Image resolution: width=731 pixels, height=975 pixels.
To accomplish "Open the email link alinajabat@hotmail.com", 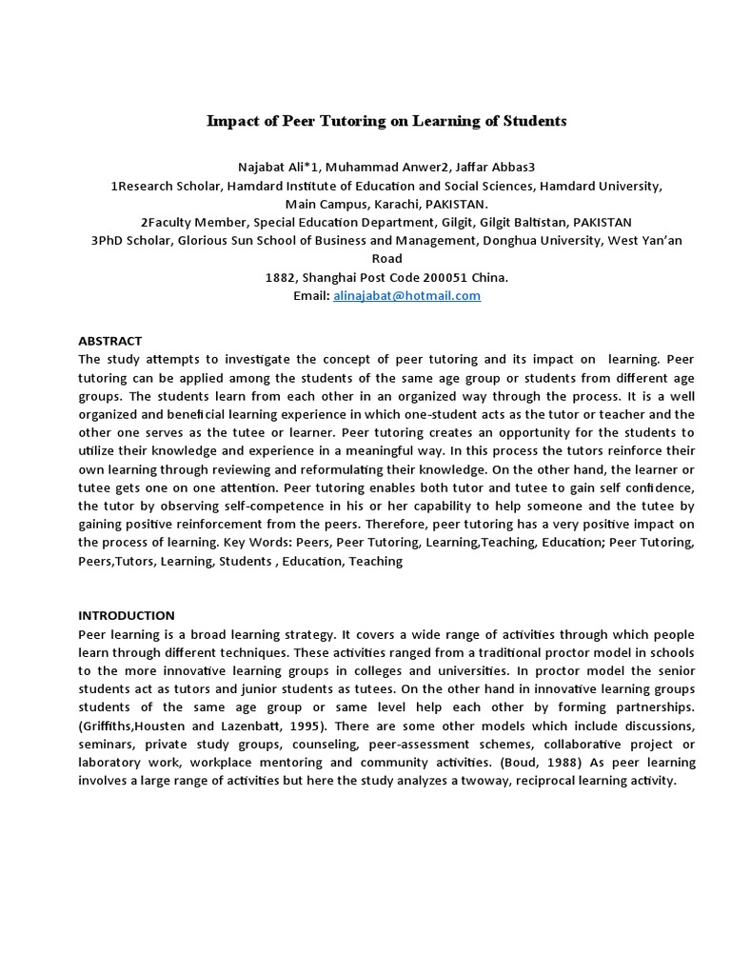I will (406, 296).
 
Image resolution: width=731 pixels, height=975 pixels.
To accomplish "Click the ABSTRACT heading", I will (109, 341).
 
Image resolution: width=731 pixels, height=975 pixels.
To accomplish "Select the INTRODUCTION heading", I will (127, 616).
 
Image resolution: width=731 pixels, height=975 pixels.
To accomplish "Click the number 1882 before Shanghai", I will (281, 278).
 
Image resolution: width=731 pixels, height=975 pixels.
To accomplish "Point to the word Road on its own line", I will (386, 259).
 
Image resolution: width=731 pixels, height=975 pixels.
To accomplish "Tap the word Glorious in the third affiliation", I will (202, 241).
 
